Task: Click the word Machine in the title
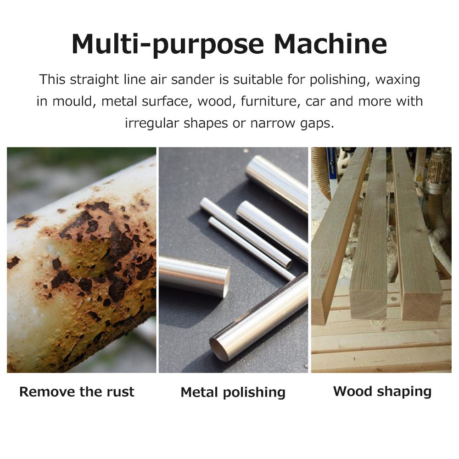point(330,44)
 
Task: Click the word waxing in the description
point(397,79)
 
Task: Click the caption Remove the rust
point(77,392)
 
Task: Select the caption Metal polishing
point(233,392)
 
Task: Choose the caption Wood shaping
point(382,392)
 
